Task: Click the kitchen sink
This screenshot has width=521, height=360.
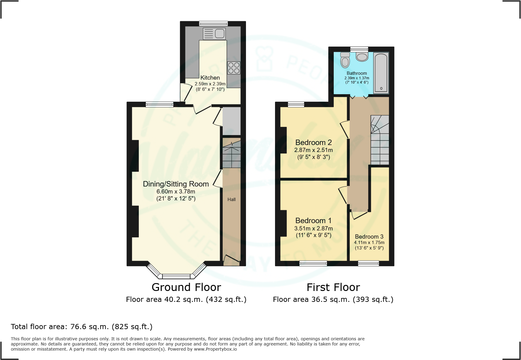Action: (214, 34)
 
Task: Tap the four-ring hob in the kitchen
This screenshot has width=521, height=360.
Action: (234, 68)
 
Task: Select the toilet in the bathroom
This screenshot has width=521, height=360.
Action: (345, 60)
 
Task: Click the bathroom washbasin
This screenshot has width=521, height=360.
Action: (362, 57)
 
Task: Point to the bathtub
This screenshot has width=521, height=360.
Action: (381, 73)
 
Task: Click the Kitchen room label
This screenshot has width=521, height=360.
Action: (210, 78)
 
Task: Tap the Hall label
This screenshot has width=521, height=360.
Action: (231, 199)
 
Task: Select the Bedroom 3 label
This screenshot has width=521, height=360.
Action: (369, 236)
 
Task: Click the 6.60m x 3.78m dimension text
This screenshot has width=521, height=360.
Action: (176, 191)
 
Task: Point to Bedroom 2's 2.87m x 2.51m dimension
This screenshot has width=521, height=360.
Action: (313, 150)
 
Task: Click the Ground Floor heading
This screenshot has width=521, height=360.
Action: (186, 287)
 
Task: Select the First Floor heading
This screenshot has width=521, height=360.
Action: (333, 287)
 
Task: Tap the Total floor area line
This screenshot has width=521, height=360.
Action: (82, 327)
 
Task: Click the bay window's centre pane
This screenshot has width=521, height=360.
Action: (176, 276)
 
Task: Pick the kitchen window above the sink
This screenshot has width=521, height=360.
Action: (213, 23)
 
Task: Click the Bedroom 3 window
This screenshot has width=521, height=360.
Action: (368, 263)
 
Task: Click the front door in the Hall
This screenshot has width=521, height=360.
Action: (231, 259)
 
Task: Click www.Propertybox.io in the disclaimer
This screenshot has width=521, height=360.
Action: (215, 349)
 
